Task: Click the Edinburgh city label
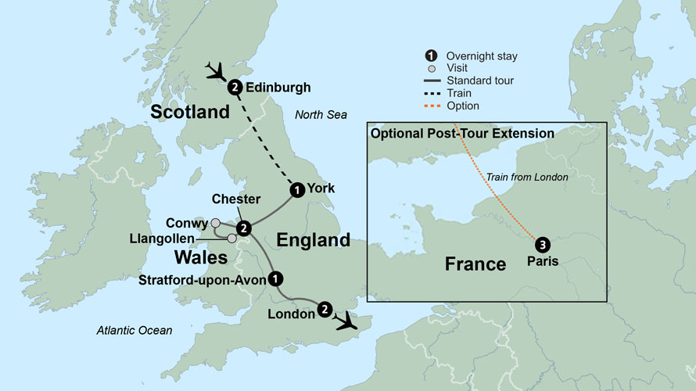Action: (278, 88)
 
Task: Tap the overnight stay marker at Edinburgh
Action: (234, 88)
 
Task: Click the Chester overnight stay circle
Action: (244, 228)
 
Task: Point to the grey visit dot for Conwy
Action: (216, 223)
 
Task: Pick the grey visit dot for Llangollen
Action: (231, 238)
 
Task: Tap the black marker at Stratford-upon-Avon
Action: (275, 278)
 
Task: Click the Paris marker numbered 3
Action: (541, 242)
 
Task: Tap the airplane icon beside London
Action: (345, 320)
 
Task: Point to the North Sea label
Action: (321, 115)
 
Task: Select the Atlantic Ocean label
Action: (134, 331)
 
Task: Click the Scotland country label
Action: (190, 112)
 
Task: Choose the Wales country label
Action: (201, 256)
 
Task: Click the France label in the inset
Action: (475, 264)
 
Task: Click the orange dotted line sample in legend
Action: (429, 106)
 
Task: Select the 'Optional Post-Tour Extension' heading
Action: (462, 134)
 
